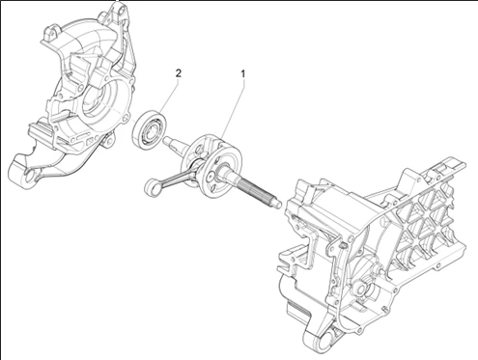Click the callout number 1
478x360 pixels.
[x=243, y=74]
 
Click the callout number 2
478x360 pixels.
[x=178, y=73]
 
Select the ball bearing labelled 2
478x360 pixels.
[x=150, y=129]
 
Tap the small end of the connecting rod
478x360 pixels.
[x=151, y=187]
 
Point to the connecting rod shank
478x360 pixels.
[x=175, y=175]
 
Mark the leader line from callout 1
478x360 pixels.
[x=232, y=110]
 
